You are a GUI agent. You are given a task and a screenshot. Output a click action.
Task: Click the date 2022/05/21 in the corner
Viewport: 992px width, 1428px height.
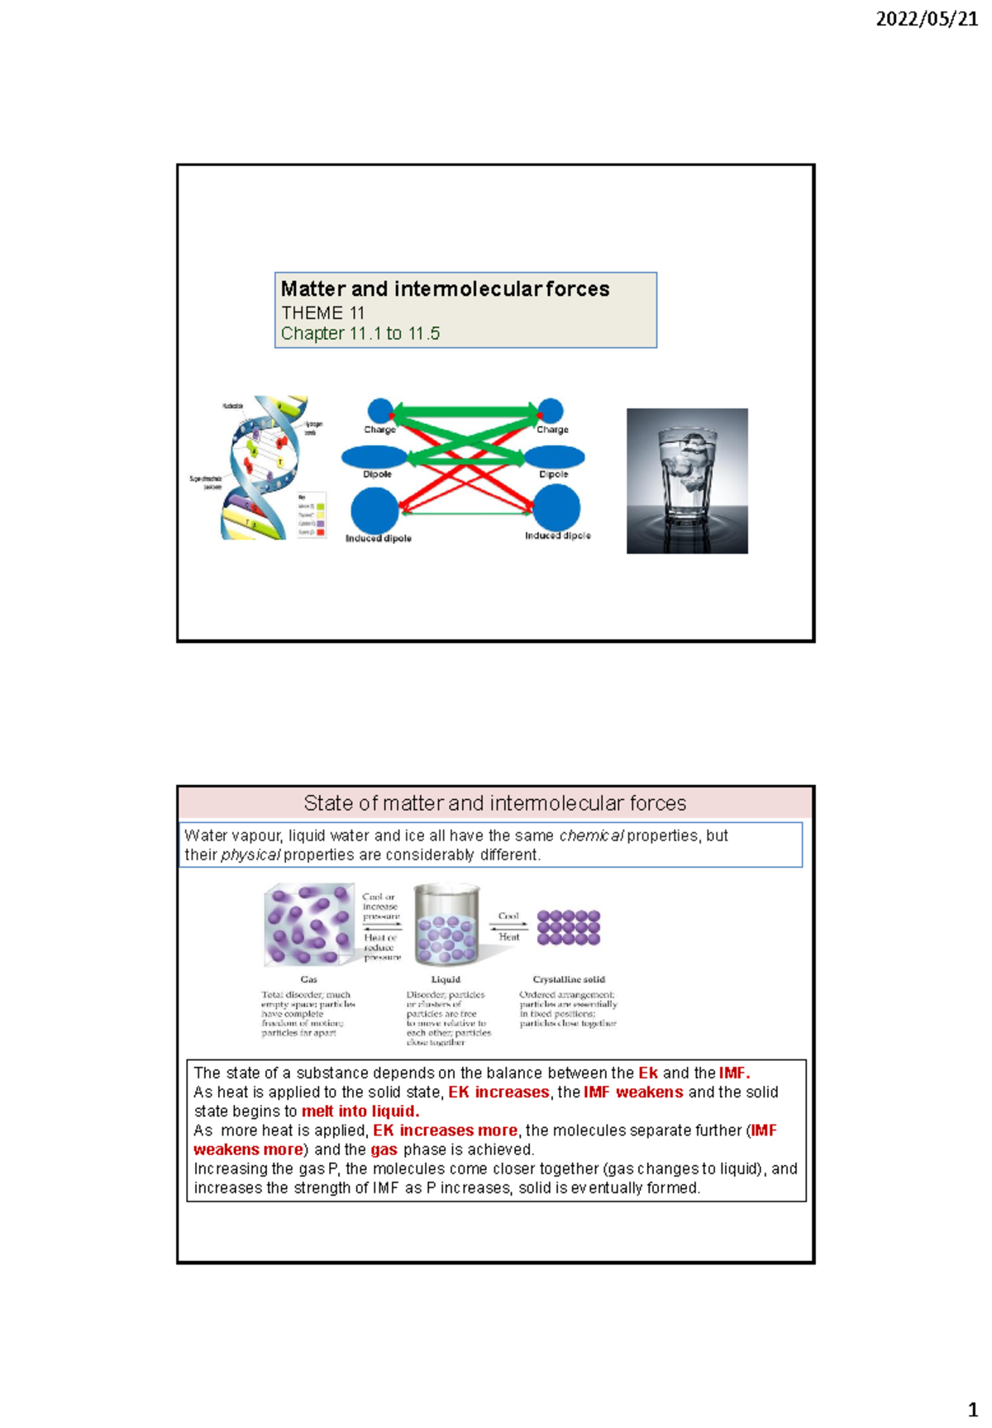[926, 18]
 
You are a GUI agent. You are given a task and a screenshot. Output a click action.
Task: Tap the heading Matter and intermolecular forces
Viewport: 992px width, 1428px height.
[445, 289]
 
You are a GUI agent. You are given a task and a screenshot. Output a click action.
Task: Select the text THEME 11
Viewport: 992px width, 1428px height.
[322, 313]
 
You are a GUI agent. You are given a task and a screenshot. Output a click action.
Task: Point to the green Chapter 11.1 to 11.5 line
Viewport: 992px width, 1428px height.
[360, 334]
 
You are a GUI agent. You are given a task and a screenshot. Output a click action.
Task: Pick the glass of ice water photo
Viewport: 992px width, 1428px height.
[687, 480]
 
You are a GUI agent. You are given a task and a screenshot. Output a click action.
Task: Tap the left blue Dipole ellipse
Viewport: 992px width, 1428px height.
[374, 456]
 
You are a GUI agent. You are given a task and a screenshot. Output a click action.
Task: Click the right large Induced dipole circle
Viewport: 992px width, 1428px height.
[556, 507]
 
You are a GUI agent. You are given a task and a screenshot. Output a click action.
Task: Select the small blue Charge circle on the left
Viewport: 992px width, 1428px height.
[380, 410]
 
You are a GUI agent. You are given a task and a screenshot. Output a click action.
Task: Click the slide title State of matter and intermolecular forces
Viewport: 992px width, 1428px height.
[494, 803]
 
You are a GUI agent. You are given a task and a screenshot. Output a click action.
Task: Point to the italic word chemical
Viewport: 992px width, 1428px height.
[591, 835]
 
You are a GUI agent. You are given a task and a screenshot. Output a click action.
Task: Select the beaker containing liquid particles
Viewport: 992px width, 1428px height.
[446, 925]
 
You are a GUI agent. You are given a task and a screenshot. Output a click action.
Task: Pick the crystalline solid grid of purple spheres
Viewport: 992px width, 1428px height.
[569, 927]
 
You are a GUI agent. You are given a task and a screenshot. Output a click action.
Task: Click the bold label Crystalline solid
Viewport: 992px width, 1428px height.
[569, 979]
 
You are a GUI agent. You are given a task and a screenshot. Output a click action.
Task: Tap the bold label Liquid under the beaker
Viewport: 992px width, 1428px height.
[446, 979]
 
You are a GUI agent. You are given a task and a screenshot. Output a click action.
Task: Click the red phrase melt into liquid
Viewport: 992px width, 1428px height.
[360, 1111]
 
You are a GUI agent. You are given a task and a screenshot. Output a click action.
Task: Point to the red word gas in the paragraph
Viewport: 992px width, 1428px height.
[384, 1150]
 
